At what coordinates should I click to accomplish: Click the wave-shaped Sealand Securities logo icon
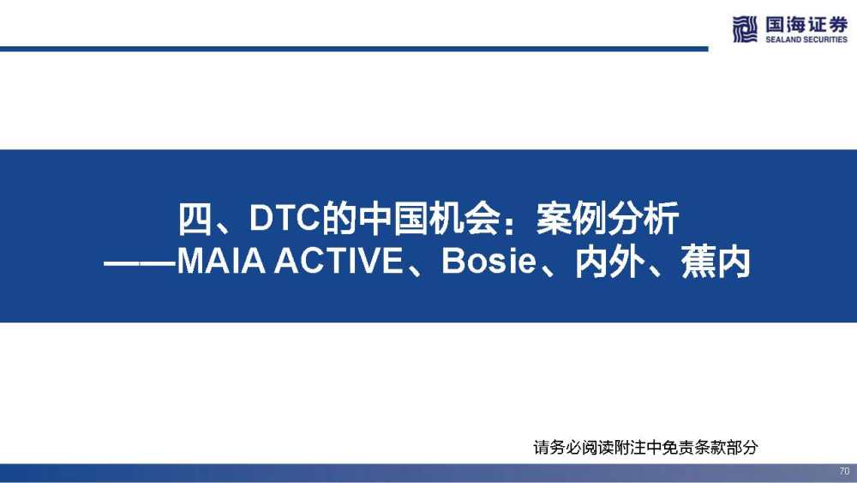click(x=745, y=29)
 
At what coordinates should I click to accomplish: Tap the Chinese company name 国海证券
click(x=806, y=25)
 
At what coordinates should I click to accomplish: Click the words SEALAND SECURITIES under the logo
click(x=806, y=39)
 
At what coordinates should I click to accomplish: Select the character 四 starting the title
click(x=195, y=219)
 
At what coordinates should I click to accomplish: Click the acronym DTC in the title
click(x=285, y=218)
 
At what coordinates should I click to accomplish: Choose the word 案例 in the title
click(x=572, y=219)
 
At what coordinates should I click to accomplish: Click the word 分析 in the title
click(x=644, y=219)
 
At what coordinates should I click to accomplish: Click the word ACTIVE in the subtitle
click(x=339, y=262)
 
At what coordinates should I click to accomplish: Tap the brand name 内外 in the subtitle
click(x=608, y=262)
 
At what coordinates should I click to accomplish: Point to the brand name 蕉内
click(x=715, y=262)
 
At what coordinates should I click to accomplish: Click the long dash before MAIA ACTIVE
click(x=140, y=263)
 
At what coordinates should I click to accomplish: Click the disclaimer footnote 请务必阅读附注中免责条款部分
click(x=645, y=448)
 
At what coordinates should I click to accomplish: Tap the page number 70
click(x=844, y=471)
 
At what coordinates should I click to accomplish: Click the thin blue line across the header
click(x=354, y=49)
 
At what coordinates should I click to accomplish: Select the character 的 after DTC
click(x=339, y=219)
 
